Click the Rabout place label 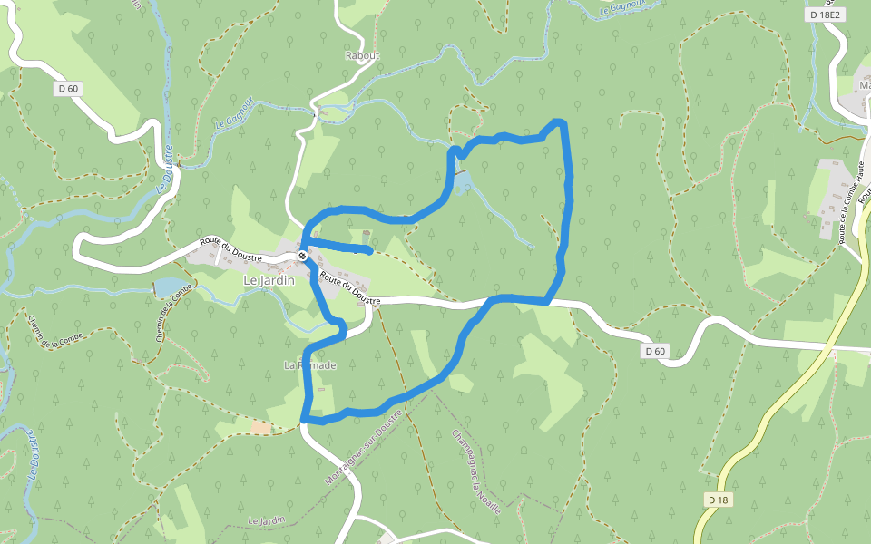point(362,55)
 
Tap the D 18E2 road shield point(825,15)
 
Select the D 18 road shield point(717,500)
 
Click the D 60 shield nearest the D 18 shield point(655,351)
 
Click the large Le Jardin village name point(269,281)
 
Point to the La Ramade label point(310,365)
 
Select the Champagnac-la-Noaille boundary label point(476,471)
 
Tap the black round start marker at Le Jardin point(302,257)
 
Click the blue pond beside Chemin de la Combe point(166,288)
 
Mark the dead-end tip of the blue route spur point(369,249)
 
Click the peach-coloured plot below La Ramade point(261,427)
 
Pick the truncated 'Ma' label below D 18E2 point(865,87)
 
